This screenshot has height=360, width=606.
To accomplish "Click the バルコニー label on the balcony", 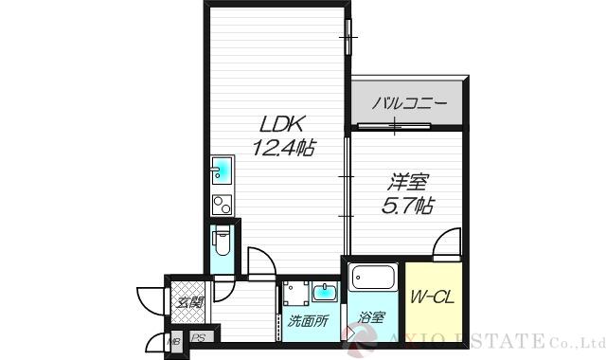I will click(408, 102).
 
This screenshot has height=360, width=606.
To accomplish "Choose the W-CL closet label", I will click(432, 297).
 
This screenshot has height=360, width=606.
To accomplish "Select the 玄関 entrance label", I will click(189, 303).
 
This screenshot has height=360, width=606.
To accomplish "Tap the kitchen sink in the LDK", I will click(222, 172).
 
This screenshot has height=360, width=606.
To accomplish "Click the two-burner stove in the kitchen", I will click(221, 203).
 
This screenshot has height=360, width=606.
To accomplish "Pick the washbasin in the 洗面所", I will click(324, 290).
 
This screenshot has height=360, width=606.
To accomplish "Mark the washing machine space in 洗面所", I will click(295, 294).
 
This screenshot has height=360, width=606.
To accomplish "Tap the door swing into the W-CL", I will click(445, 246).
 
